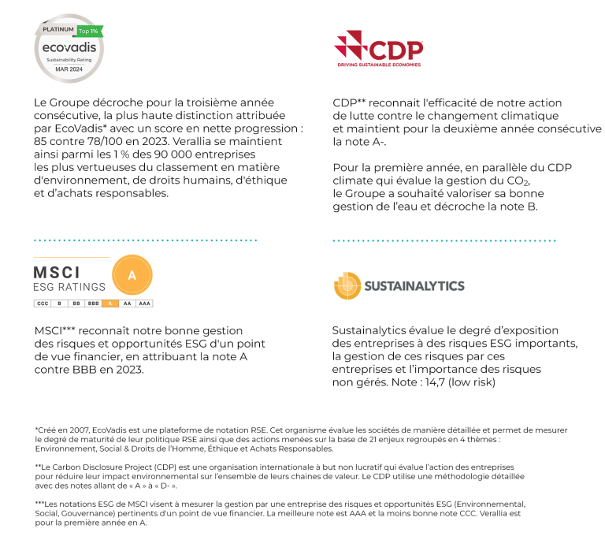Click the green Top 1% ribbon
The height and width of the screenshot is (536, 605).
(89, 31)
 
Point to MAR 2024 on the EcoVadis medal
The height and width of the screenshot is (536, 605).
(67, 69)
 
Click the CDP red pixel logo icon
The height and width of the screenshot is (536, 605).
(348, 43)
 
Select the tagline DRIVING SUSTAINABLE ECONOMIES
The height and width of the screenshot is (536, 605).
(379, 65)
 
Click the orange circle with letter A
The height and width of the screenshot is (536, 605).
(132, 275)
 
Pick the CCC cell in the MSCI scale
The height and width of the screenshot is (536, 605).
(43, 303)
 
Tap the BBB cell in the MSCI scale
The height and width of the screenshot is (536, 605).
(93, 303)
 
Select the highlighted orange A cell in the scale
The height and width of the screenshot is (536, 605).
(110, 303)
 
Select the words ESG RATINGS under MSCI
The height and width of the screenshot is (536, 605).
(69, 287)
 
